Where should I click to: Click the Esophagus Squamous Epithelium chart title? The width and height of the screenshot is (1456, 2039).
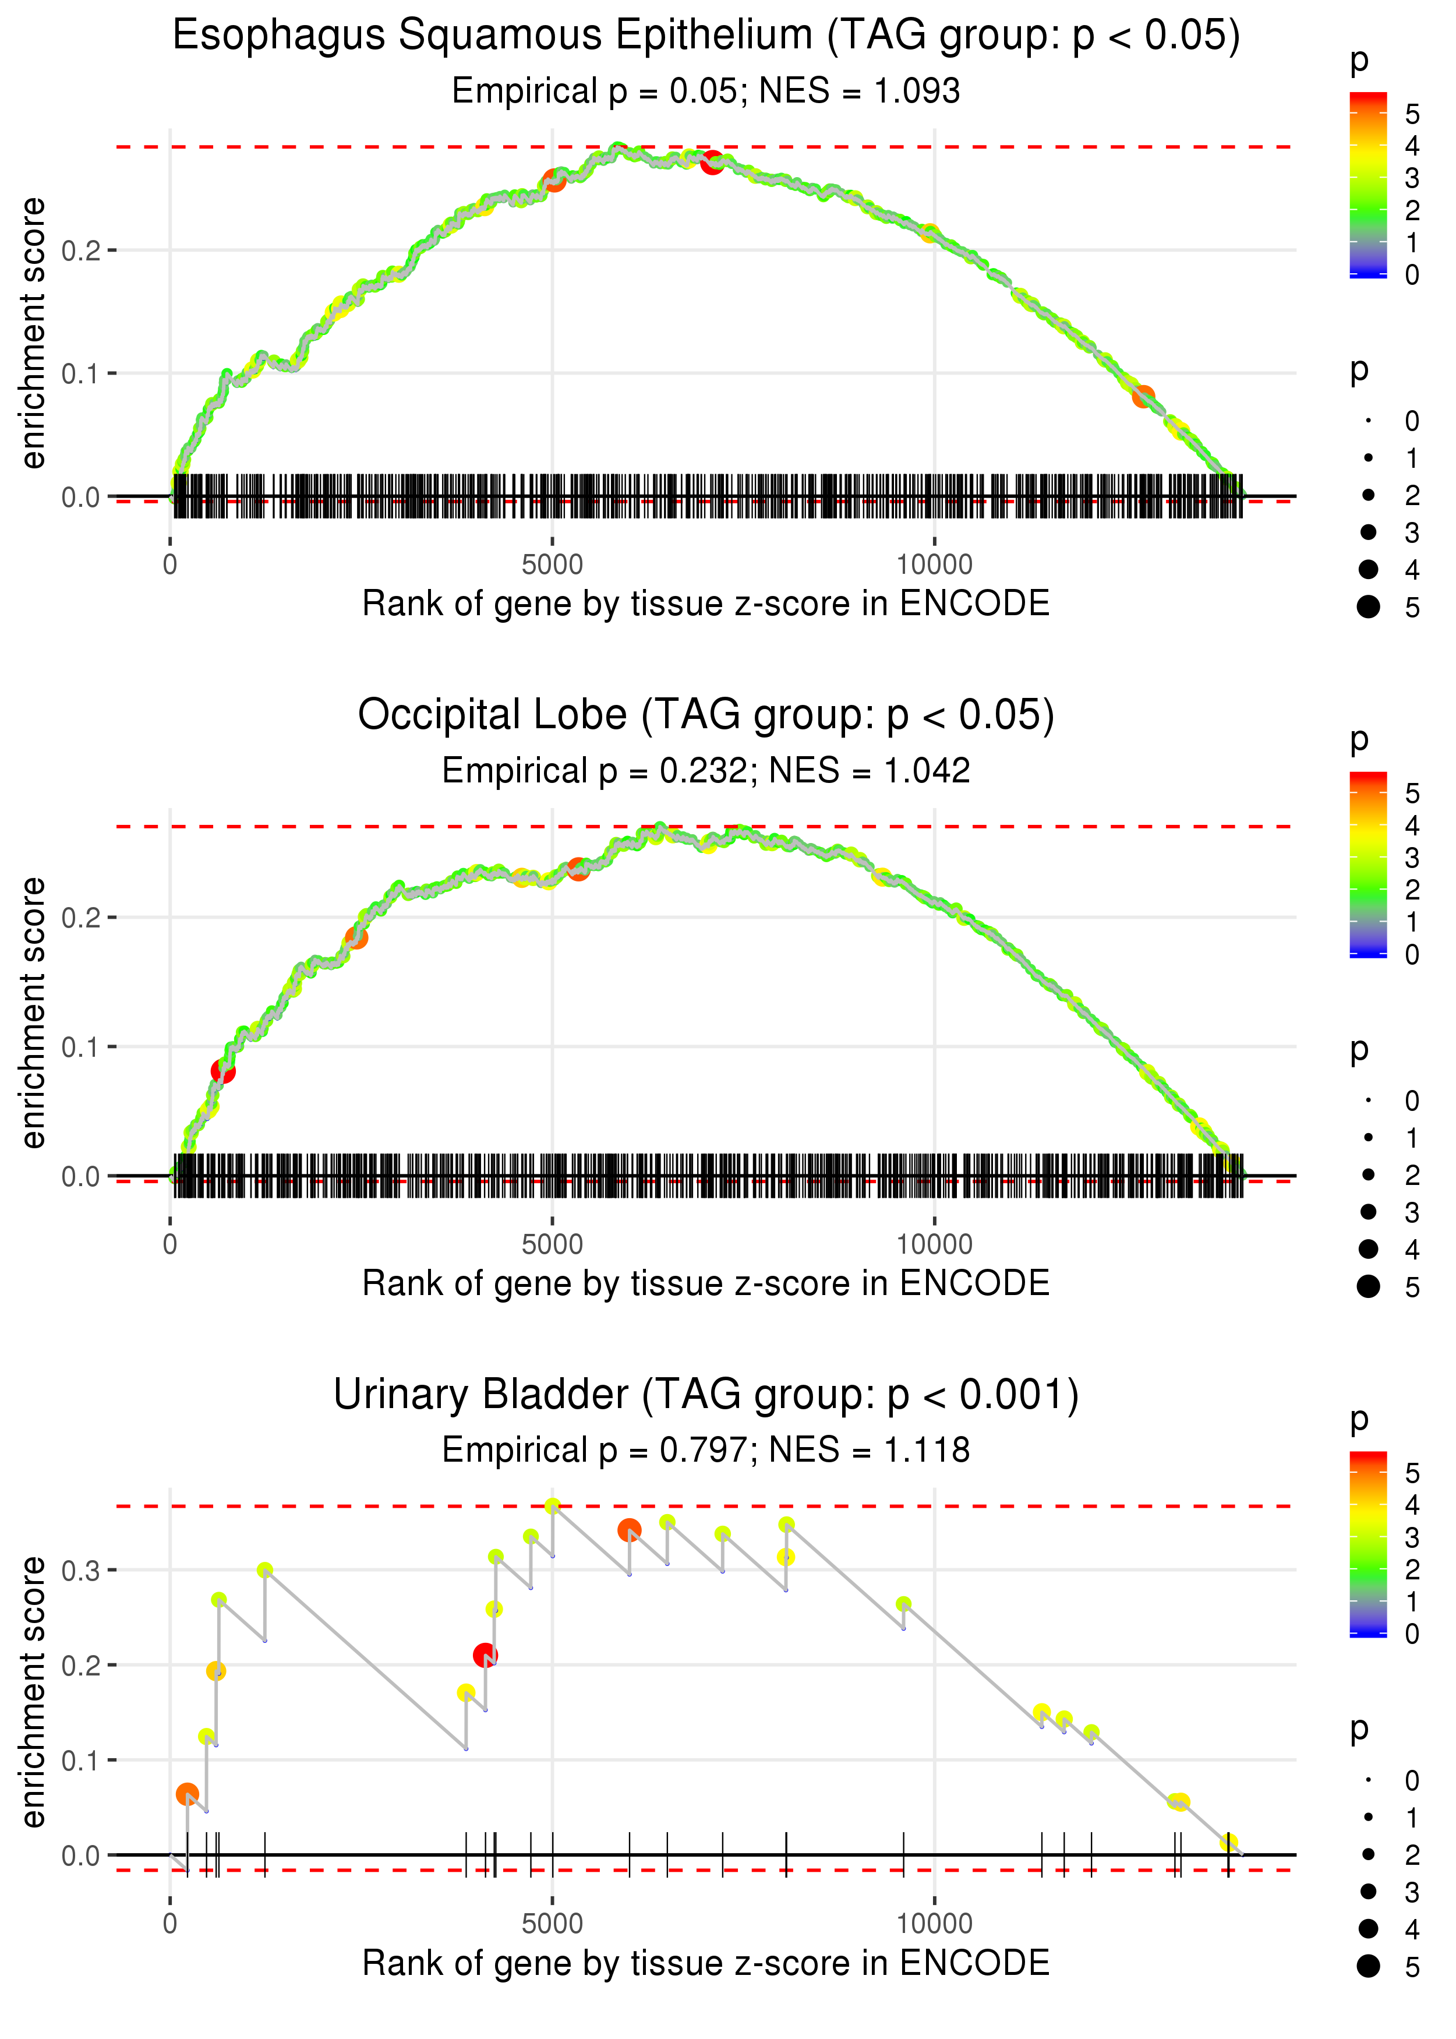click(706, 36)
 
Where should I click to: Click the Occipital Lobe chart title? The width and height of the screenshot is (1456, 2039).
click(706, 715)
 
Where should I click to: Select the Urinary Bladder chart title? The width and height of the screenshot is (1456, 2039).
click(706, 1395)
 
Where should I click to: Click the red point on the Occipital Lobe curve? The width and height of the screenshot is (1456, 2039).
click(223, 1071)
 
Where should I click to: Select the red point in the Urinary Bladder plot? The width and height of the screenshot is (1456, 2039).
click(485, 1655)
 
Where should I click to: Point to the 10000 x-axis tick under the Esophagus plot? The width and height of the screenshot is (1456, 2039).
click(934, 565)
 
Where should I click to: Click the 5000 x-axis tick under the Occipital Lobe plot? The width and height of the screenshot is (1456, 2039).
click(552, 1244)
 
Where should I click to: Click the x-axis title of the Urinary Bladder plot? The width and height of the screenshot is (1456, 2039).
click(706, 1963)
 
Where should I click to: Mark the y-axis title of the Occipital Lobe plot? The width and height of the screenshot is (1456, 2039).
click(33, 1013)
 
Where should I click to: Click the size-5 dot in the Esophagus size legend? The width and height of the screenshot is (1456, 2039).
click(1368, 607)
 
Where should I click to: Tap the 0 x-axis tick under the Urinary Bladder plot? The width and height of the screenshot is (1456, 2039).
click(170, 1924)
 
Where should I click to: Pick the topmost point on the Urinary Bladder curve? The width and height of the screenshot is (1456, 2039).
click(552, 1505)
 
